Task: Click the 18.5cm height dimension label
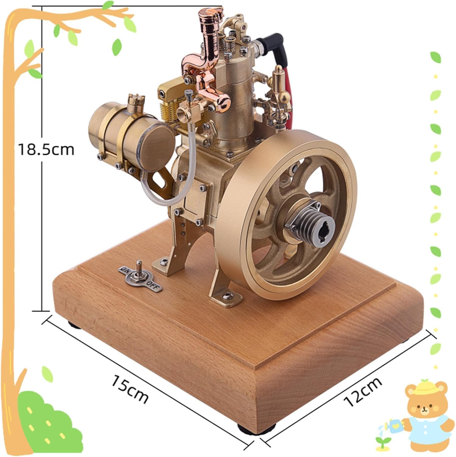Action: (x=46, y=150)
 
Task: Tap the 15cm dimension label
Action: (x=130, y=388)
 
